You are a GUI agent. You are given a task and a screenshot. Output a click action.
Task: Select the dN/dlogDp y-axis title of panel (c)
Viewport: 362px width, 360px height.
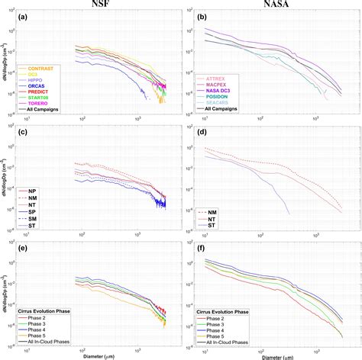point(5,181)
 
